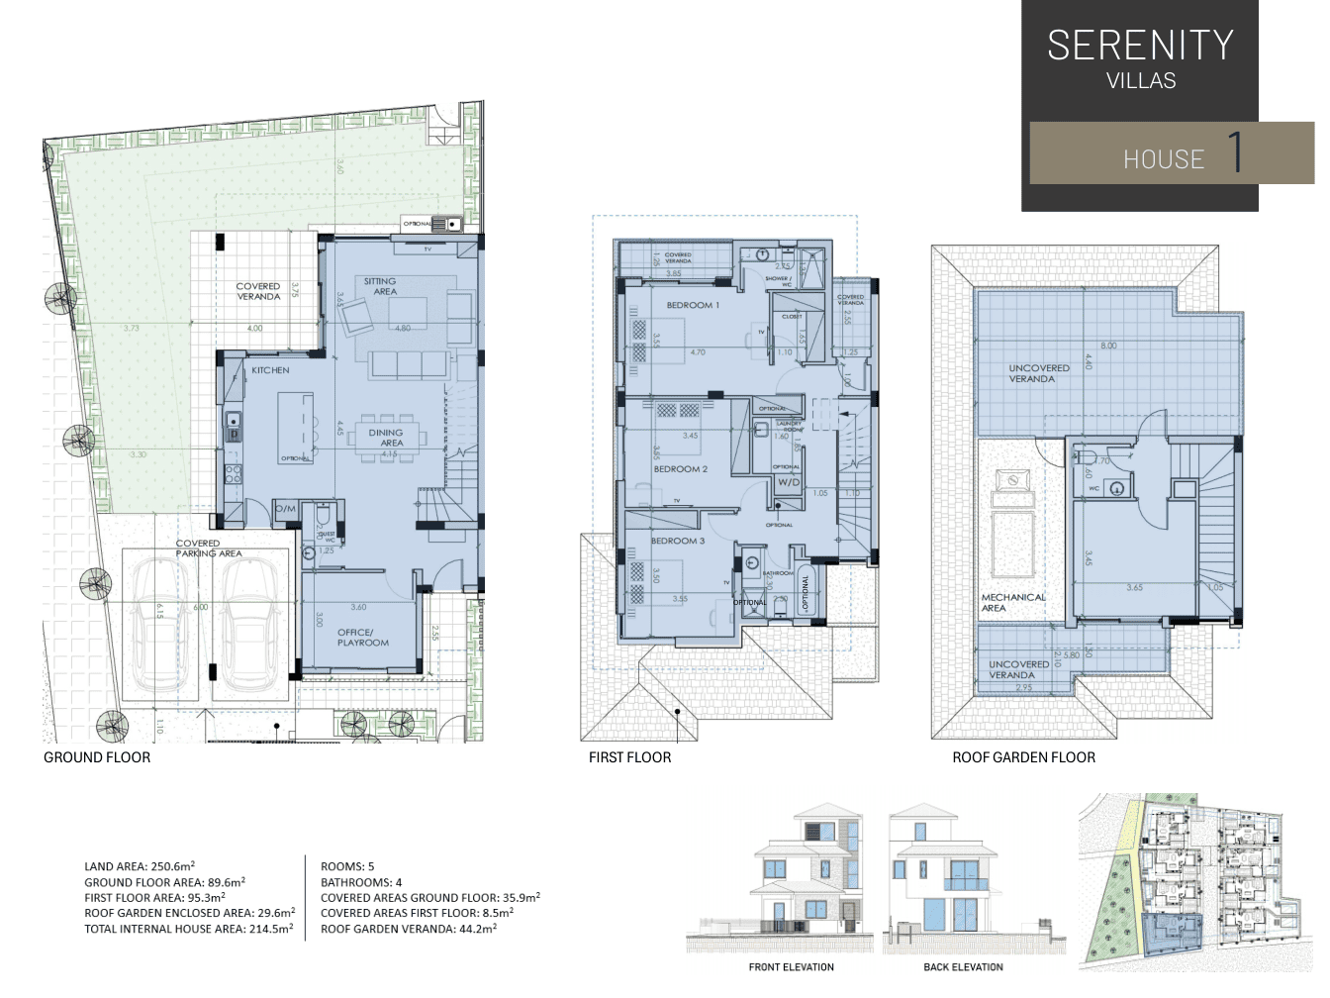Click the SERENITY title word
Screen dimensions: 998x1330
[1140, 46]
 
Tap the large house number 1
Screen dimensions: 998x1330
[1234, 152]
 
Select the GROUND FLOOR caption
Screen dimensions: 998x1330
[97, 757]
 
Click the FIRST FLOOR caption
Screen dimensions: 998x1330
[629, 757]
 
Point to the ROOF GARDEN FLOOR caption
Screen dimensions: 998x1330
[1023, 757]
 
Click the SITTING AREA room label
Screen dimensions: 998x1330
[380, 286]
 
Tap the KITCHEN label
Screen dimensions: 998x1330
[270, 370]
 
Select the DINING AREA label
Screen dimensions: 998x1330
[386, 438]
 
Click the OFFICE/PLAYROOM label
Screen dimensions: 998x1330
[362, 638]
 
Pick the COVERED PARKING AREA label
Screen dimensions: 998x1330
[208, 549]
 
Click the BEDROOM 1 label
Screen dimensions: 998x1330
[693, 306]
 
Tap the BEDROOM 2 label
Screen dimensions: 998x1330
[680, 469]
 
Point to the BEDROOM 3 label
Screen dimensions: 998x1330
[678, 542]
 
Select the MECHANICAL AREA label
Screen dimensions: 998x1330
[1012, 602]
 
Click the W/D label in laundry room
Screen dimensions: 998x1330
[788, 482]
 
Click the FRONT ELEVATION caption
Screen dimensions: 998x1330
[791, 967]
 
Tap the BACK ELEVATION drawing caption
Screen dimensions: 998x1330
[963, 967]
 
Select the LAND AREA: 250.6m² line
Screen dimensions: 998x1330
[140, 866]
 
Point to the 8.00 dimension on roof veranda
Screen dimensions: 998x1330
[1108, 346]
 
